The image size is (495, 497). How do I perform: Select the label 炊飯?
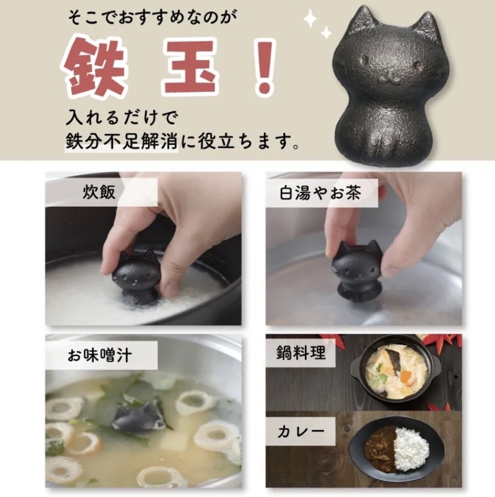click(x=99, y=193)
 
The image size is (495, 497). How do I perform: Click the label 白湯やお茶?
click(x=320, y=193)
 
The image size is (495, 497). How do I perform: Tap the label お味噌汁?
click(x=100, y=355)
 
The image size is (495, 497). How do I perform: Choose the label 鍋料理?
click(x=301, y=353)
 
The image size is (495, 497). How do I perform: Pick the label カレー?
click(x=301, y=432)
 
